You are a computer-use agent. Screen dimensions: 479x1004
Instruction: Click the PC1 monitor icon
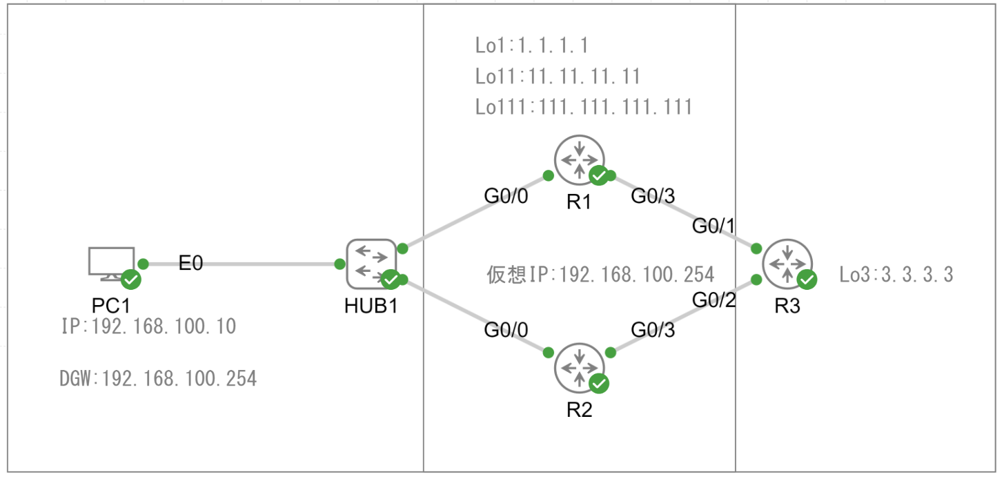point(111,263)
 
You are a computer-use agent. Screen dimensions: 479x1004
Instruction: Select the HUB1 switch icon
point(371,263)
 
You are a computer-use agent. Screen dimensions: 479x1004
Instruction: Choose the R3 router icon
point(787,263)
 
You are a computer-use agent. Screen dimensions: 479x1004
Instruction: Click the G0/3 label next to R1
point(653,196)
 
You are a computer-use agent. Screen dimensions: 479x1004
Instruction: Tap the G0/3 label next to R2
point(653,331)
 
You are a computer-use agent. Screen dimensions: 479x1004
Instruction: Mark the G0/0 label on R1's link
point(506,196)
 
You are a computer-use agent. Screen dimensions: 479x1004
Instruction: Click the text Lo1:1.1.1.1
point(531,46)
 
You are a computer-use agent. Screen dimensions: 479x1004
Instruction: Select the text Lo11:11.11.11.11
point(558,76)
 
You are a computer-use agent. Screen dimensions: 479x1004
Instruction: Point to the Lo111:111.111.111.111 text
point(584,107)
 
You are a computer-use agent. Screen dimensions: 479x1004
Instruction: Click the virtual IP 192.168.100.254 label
point(600,275)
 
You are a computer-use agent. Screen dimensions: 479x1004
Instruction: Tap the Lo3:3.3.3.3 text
point(896,275)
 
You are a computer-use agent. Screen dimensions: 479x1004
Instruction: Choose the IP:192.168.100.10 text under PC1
point(149,326)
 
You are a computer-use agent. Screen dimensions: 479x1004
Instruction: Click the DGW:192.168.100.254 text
point(159,378)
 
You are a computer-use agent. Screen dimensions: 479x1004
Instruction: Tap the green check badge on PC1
point(130,280)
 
